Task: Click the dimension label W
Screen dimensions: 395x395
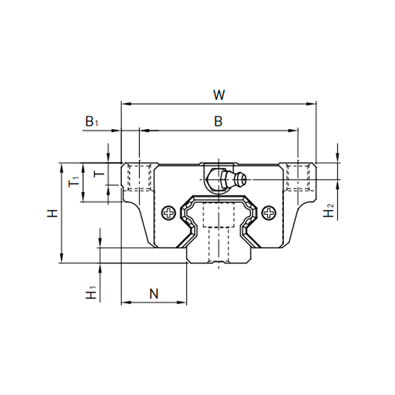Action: click(219, 95)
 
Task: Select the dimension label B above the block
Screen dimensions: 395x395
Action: click(219, 121)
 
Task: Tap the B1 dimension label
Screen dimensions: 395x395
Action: click(92, 122)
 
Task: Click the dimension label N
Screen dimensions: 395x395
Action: click(154, 294)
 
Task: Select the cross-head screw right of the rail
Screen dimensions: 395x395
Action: click(269, 213)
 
